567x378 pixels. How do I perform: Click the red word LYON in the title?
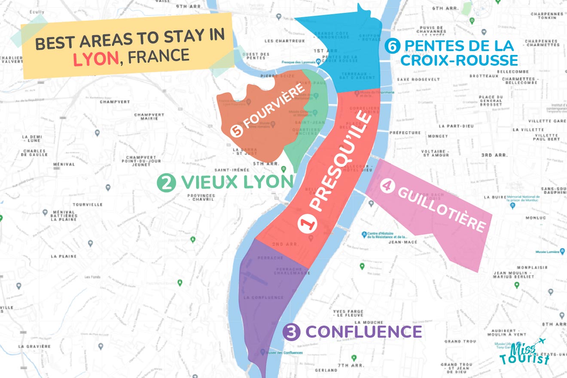(96, 58)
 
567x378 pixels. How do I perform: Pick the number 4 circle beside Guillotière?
(386, 186)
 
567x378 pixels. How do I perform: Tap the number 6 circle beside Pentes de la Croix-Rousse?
(391, 46)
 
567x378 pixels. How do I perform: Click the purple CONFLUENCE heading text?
(363, 332)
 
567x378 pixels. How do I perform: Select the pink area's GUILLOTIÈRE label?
(442, 210)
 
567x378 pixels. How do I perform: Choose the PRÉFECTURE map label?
(405, 133)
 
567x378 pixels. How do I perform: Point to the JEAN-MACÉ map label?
(400, 242)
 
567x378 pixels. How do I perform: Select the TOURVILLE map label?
(88, 204)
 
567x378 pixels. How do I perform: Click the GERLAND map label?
(325, 370)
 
